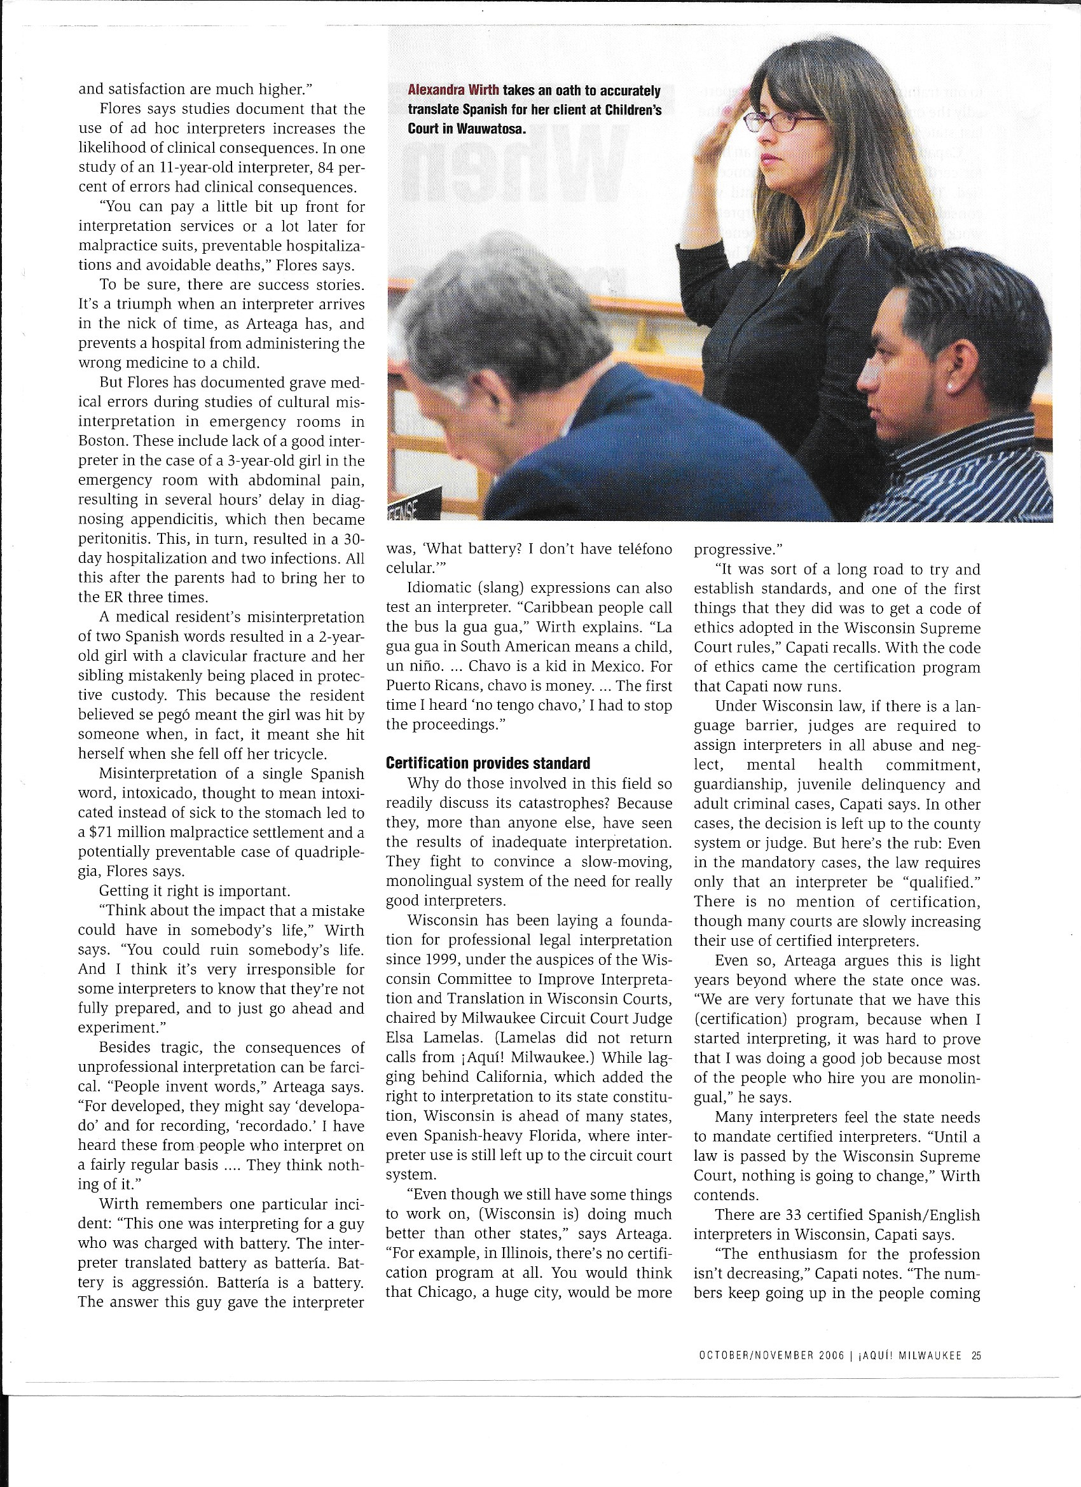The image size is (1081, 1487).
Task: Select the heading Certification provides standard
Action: [x=488, y=763]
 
